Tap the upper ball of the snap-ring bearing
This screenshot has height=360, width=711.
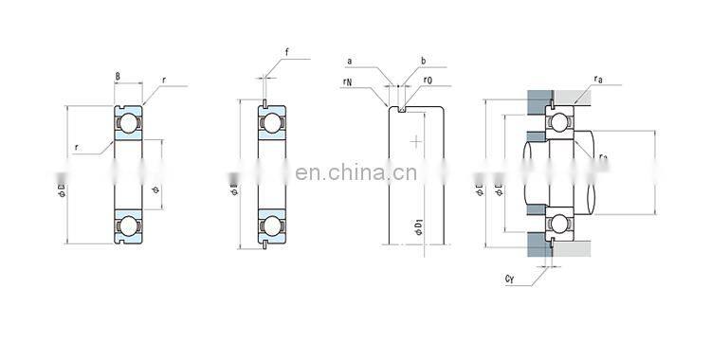(271, 124)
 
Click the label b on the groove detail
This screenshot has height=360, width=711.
(422, 62)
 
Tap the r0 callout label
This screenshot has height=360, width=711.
(428, 81)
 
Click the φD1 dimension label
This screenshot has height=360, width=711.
(417, 227)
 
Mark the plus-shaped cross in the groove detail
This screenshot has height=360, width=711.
(415, 141)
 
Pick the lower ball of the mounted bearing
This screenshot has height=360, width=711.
(559, 225)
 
